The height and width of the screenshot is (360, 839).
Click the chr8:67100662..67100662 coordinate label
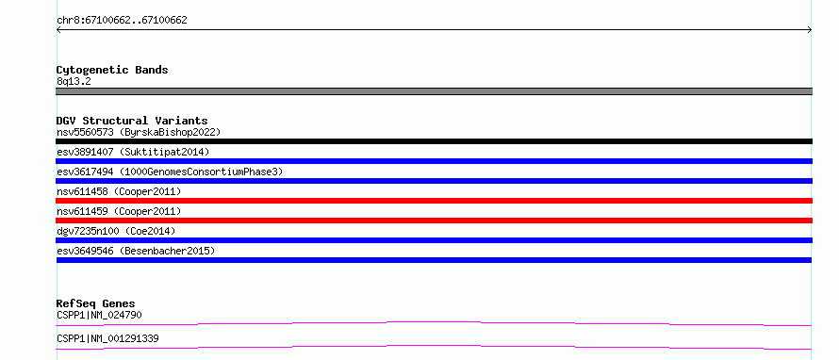pos(122,21)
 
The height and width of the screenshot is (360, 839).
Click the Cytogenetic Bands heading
pos(112,70)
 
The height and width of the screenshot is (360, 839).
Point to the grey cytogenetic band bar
pos(434,91)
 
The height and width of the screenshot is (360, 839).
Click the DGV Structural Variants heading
pos(132,121)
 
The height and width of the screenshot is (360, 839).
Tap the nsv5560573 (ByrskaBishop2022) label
pos(139,132)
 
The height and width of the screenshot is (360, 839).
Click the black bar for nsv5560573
pos(434,141)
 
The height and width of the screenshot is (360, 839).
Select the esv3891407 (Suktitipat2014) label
pos(133,152)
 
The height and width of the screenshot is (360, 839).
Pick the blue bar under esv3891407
pos(434,161)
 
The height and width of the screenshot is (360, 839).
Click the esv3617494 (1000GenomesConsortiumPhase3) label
pos(170,172)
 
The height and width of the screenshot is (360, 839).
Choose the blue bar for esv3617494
pos(434,181)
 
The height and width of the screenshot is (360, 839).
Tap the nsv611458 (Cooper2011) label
pos(119,191)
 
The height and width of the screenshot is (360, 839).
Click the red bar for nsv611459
pos(434,221)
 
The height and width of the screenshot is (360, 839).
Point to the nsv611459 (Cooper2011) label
pos(119,211)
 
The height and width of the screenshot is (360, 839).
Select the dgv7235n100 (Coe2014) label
pos(116,231)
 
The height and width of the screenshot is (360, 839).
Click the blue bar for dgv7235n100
pos(434,240)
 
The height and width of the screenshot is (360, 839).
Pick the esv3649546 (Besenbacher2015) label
pos(136,251)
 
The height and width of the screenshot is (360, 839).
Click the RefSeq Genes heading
pos(96,303)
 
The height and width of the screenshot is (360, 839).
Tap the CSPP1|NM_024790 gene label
pos(99,315)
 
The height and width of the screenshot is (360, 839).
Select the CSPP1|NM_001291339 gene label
pos(107,338)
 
